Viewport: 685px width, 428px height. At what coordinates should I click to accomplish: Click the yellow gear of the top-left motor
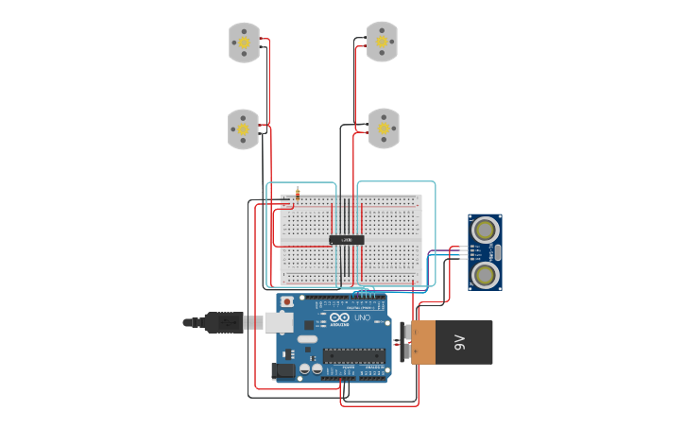pyautogui.click(x=244, y=43)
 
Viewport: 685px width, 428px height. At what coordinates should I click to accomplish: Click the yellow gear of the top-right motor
pyautogui.click(x=382, y=42)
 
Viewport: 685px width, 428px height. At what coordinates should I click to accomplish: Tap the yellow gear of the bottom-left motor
pyautogui.click(x=242, y=128)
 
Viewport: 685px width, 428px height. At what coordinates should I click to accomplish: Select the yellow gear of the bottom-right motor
pyautogui.click(x=383, y=128)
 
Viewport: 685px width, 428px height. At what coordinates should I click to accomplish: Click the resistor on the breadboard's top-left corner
pyautogui.click(x=298, y=194)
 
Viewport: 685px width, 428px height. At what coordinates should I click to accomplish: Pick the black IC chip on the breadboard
pyautogui.click(x=347, y=240)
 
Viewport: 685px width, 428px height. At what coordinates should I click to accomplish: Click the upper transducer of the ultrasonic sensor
pyautogui.click(x=486, y=229)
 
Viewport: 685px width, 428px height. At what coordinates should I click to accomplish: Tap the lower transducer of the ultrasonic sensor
pyautogui.click(x=486, y=275)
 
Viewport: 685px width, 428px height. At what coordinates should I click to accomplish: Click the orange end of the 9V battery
pyautogui.click(x=422, y=342)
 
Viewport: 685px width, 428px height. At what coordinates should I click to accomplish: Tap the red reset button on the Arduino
pyautogui.click(x=287, y=301)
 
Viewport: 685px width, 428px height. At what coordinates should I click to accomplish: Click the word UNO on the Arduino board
pyautogui.click(x=360, y=318)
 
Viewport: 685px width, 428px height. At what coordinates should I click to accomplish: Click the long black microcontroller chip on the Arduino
pyautogui.click(x=354, y=356)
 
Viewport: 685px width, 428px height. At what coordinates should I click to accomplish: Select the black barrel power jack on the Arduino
pyautogui.click(x=283, y=371)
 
